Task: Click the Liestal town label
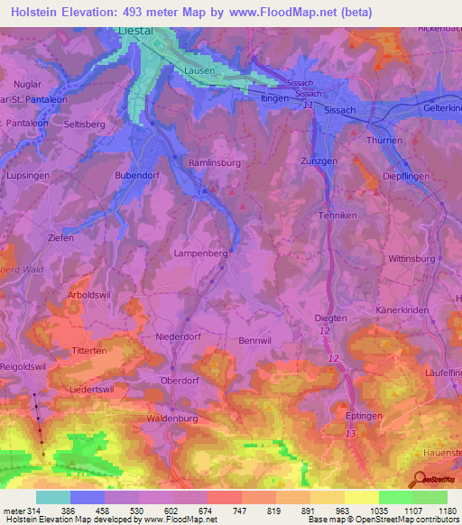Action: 137,30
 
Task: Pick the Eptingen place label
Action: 365,415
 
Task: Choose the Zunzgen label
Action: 319,161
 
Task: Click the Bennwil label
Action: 254,340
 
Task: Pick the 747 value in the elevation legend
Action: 241,511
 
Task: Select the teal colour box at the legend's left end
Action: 52,497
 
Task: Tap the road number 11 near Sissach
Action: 308,106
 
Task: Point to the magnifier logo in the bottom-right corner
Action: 419,479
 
